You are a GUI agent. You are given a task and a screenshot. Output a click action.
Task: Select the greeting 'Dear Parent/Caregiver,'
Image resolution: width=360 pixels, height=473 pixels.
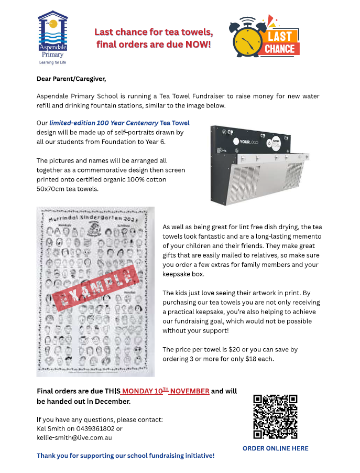click(x=71, y=79)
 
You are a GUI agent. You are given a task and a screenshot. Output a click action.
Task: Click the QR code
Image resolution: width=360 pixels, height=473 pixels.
click(x=275, y=416)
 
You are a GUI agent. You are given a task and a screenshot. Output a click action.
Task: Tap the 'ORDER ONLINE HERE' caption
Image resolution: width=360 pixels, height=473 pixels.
click(x=275, y=448)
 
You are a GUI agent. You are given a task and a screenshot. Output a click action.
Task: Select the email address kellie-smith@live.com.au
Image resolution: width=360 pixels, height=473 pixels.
click(x=74, y=437)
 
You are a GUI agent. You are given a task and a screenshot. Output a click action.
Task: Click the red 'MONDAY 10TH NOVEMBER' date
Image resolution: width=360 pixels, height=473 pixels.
click(x=166, y=391)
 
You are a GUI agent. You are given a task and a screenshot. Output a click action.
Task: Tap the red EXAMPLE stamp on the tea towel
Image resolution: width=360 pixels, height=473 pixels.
click(x=96, y=288)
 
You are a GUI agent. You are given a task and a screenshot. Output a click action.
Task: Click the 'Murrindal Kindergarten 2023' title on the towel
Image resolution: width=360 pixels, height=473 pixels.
click(x=94, y=219)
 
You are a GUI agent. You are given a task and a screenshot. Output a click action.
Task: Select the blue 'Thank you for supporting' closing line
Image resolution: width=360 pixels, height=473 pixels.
click(x=125, y=456)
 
